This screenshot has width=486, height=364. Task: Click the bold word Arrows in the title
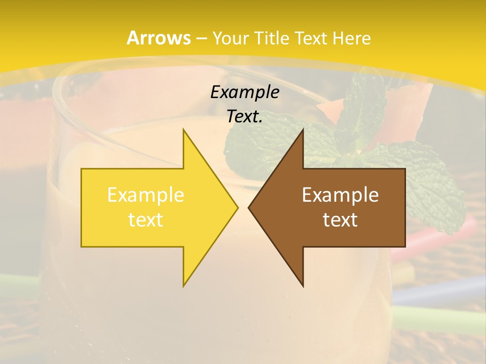[159, 38]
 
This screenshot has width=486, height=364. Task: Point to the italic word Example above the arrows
[245, 92]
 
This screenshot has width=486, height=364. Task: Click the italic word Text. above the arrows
[245, 116]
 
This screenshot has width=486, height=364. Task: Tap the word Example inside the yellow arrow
[145, 195]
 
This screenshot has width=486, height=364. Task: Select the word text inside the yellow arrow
[145, 219]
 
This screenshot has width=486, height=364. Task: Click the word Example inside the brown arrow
[340, 195]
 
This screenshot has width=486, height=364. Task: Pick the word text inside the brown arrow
[340, 219]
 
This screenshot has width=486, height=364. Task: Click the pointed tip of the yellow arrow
[237, 207]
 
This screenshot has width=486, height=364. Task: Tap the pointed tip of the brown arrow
[249, 207]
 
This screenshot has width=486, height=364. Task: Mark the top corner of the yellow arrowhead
[184, 129]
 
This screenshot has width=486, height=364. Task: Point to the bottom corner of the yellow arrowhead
[184, 286]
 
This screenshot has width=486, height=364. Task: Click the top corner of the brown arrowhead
[303, 129]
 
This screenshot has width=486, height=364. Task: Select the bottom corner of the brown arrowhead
[303, 286]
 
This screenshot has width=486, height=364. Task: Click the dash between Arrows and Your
[201, 38]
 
